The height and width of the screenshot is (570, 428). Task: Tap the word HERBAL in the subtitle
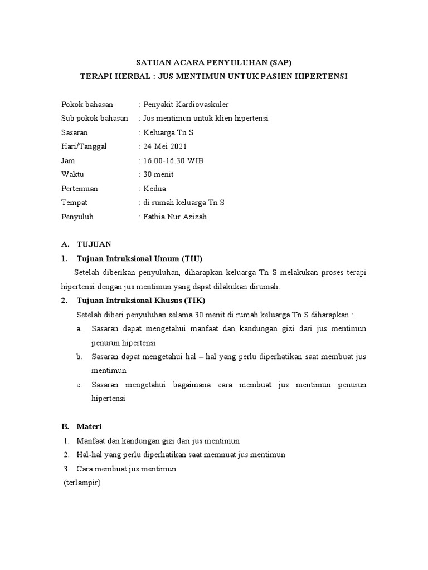click(x=129, y=76)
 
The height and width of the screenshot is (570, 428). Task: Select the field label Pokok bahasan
click(x=86, y=104)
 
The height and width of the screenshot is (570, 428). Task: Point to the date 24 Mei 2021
click(x=166, y=146)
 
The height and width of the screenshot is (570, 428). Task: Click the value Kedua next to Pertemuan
click(x=154, y=189)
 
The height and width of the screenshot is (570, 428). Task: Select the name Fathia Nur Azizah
click(x=175, y=217)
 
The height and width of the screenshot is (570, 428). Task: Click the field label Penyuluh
click(x=77, y=217)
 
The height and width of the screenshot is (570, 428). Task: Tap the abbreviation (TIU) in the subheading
click(x=191, y=258)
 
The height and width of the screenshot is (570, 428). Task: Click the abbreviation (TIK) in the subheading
click(x=194, y=301)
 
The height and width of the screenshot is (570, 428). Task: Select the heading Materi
click(x=89, y=427)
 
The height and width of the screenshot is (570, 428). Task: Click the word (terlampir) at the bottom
click(x=81, y=483)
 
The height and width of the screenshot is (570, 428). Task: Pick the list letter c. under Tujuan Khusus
click(x=80, y=385)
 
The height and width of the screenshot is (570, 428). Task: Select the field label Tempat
click(x=74, y=203)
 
